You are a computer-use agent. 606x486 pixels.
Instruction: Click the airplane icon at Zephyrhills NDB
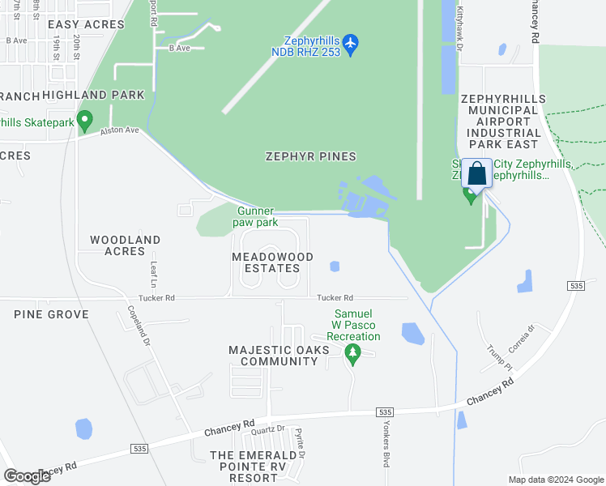coord(350,44)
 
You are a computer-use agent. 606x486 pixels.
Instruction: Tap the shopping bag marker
coord(476,173)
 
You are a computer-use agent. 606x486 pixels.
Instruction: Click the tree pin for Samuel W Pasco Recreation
coord(352,353)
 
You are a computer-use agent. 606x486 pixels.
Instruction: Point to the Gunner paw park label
coord(255,216)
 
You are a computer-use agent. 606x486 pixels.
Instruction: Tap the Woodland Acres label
coord(125,245)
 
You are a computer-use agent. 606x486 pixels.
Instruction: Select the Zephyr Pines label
coord(310,156)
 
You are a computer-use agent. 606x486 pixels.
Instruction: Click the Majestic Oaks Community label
coord(279,356)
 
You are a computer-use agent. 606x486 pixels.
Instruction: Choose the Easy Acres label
coord(84,24)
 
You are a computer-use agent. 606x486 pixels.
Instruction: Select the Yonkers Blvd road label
coord(386,445)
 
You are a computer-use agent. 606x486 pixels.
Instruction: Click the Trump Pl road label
coord(494,356)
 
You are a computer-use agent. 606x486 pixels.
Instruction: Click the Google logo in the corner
coord(27,476)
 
